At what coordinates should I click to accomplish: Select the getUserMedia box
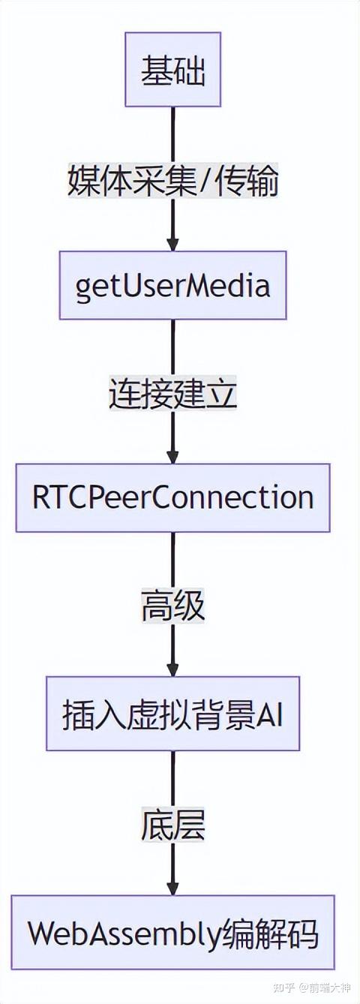pyautogui.click(x=173, y=286)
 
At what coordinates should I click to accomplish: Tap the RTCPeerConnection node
pyautogui.click(x=173, y=498)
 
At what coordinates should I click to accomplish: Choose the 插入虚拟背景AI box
pyautogui.click(x=173, y=714)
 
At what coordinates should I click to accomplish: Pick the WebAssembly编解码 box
pyautogui.click(x=173, y=933)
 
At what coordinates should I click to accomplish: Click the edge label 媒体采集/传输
pyautogui.click(x=173, y=182)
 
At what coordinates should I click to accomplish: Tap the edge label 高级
pyautogui.click(x=173, y=606)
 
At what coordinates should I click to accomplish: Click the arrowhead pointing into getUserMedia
pyautogui.click(x=173, y=245)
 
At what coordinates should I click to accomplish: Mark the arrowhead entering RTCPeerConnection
pyautogui.click(x=173, y=457)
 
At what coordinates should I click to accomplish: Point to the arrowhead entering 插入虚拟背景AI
pyautogui.click(x=173, y=669)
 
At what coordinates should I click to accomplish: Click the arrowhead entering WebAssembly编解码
pyautogui.click(x=173, y=888)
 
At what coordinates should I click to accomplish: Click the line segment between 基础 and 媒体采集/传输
pyautogui.click(x=173, y=135)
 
